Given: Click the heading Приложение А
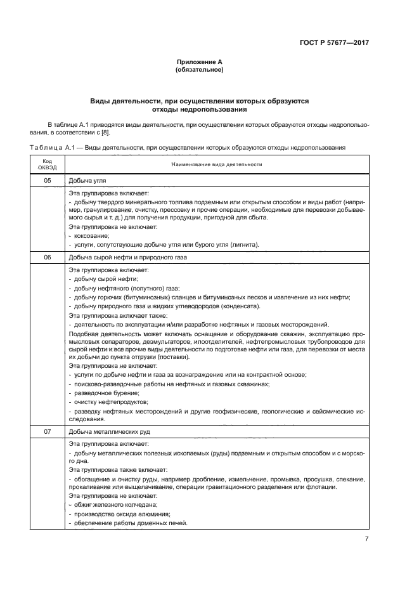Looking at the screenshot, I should point(199,62).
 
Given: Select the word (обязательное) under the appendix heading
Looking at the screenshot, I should point(199,69).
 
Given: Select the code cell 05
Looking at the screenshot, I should point(47,181).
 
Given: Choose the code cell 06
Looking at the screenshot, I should point(47,257).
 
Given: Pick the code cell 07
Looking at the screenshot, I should point(47,431).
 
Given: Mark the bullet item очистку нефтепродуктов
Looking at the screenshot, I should point(105,401).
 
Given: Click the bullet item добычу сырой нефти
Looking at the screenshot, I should point(103,278).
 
